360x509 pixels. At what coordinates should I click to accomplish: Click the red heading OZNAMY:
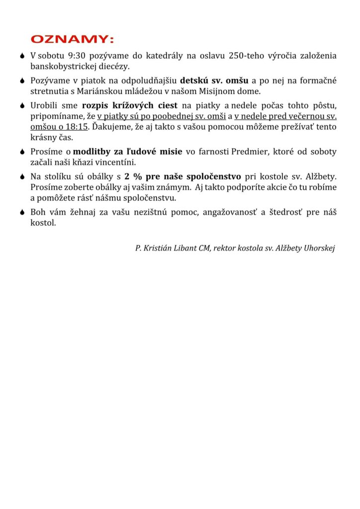tap(73, 39)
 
